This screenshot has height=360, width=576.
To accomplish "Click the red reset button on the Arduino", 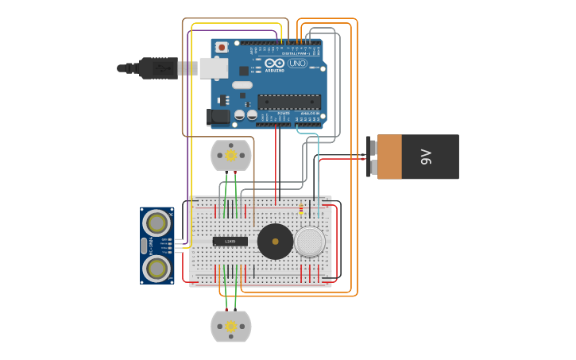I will point(222,48).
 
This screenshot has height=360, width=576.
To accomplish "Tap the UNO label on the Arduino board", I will point(297,64).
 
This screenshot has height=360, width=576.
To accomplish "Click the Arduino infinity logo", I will point(275,63).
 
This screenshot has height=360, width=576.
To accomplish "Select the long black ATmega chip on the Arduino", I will point(289,102).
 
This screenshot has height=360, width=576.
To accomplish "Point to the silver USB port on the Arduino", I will point(213,68).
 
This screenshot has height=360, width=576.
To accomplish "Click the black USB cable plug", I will point(159,68).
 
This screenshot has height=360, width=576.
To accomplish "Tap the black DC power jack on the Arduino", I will point(218,118).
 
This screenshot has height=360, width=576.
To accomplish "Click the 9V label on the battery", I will point(426,157).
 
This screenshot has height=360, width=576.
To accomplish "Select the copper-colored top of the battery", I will point(389,157).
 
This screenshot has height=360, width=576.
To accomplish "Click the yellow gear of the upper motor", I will point(230,155).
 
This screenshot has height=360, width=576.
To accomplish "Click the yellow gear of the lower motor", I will point(230,327).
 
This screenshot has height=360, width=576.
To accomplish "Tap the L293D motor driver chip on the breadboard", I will point(230,241).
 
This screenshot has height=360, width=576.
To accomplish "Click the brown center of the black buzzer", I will point(276,241).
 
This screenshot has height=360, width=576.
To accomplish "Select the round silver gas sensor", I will point(310,241).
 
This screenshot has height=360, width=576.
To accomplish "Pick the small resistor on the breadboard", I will point(300,211).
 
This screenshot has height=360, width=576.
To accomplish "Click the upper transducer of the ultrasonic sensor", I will point(157,223).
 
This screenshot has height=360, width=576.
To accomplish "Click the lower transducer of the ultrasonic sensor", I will point(157,269).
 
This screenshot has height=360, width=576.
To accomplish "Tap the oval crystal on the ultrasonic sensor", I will point(144,246).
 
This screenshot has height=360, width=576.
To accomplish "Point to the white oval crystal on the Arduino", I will point(242,85).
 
